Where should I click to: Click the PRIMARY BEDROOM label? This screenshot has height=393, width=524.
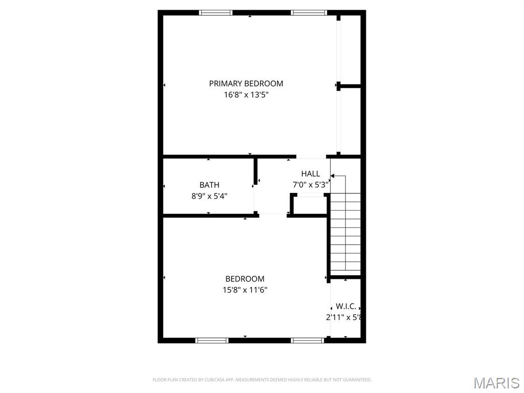tap(246, 83)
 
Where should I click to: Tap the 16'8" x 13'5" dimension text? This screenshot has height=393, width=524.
tap(246, 95)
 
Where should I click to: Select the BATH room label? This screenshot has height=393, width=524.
tap(209, 185)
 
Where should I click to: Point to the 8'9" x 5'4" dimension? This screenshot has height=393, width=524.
tap(209, 195)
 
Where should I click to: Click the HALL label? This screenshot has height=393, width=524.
tap(310, 174)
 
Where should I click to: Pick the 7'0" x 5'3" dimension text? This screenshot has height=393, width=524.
tap(310, 185)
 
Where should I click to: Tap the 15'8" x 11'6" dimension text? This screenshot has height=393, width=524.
tap(245, 290)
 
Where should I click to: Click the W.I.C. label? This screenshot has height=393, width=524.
tap(346, 307)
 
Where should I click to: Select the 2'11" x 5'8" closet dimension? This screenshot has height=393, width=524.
tap(344, 317)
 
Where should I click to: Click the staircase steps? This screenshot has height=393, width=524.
tap(345, 233)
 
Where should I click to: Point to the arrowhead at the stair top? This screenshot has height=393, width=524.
tap(332, 176)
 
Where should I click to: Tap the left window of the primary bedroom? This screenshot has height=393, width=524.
tap(215, 13)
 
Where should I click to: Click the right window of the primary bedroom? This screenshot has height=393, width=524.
tap(309, 13)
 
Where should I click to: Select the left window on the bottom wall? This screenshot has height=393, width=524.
tap(212, 340)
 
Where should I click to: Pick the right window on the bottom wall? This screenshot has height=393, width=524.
tap(308, 340)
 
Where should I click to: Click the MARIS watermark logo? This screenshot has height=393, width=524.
tap(496, 382)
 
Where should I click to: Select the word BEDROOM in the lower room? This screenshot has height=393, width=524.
tap(245, 279)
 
